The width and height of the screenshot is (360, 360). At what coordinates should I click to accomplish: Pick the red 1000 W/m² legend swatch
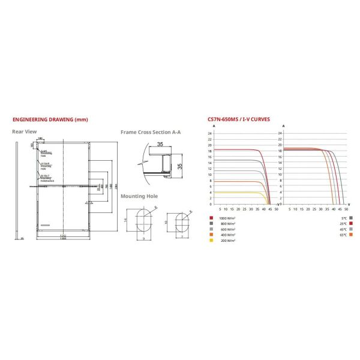[211, 218]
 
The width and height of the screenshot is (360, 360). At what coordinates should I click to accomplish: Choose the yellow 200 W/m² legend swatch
[211, 239]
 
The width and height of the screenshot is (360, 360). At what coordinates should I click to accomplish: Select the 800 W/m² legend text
[227, 223]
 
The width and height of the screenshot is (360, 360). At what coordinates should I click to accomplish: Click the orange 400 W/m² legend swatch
[211, 234]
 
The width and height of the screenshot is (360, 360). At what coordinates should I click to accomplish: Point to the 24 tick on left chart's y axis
[210, 132]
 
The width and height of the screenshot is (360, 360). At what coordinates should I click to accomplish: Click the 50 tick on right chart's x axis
[347, 209]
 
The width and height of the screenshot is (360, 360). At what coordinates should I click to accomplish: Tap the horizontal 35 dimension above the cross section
[160, 145]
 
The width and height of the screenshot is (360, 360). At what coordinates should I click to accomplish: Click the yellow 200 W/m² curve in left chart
[240, 192]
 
